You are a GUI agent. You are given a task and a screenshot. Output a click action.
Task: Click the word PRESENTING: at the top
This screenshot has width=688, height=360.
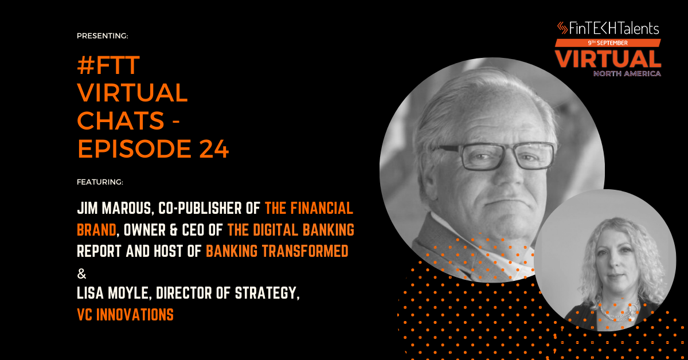coord(102,36)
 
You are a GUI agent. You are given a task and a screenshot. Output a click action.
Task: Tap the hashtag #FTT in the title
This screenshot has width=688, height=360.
coord(108,65)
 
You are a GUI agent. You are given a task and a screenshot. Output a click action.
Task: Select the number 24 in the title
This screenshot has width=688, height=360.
coord(214,149)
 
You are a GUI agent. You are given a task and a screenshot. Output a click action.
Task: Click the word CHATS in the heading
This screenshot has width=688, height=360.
coord(121,120)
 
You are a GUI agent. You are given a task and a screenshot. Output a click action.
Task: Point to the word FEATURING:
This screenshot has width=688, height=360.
coord(100,182)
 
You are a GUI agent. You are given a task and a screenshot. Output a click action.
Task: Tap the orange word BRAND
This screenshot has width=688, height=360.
coord(96,230)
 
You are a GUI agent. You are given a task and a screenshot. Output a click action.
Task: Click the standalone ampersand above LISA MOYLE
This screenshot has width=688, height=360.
coord(81,273)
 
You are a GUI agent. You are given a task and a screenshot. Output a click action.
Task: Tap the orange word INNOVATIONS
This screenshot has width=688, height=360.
coord(135,315)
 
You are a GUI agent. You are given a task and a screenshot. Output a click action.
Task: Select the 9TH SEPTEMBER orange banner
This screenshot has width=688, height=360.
coord(608,43)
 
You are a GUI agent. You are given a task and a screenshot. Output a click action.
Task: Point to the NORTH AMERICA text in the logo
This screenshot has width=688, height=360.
coord(627,73)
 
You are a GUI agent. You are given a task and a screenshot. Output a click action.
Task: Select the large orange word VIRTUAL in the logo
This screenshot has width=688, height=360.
coord(608,59)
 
